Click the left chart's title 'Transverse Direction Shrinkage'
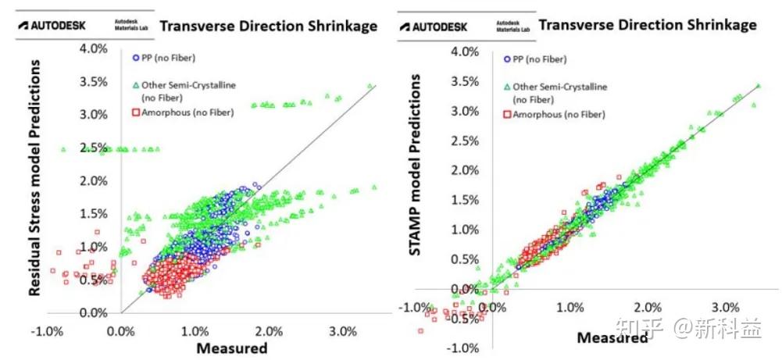(268, 26)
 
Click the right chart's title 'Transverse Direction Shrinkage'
(648, 24)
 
